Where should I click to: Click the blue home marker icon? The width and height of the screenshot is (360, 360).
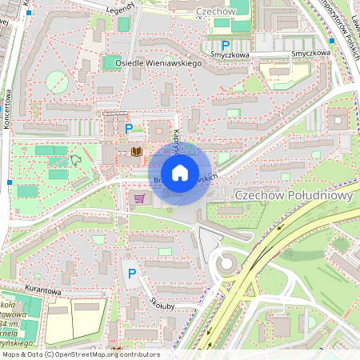pyautogui.click(x=180, y=172)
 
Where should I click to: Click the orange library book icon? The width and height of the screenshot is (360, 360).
pyautogui.click(x=135, y=151)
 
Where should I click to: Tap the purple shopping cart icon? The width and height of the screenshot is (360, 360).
pyautogui.click(x=140, y=198)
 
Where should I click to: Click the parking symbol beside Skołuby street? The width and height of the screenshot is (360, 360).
pyautogui.click(x=132, y=274)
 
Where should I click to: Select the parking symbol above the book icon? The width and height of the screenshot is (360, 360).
pyautogui.click(x=128, y=128)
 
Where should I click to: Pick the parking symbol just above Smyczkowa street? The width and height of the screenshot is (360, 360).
pyautogui.click(x=225, y=46)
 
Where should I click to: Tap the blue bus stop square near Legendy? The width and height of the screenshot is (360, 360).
pyautogui.click(x=29, y=13)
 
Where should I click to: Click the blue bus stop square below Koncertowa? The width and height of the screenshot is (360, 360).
pyautogui.click(x=9, y=182)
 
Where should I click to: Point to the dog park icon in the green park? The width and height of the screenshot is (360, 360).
pyautogui.click(x=77, y=159)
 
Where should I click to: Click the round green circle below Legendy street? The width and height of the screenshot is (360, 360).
pyautogui.click(x=57, y=81)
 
